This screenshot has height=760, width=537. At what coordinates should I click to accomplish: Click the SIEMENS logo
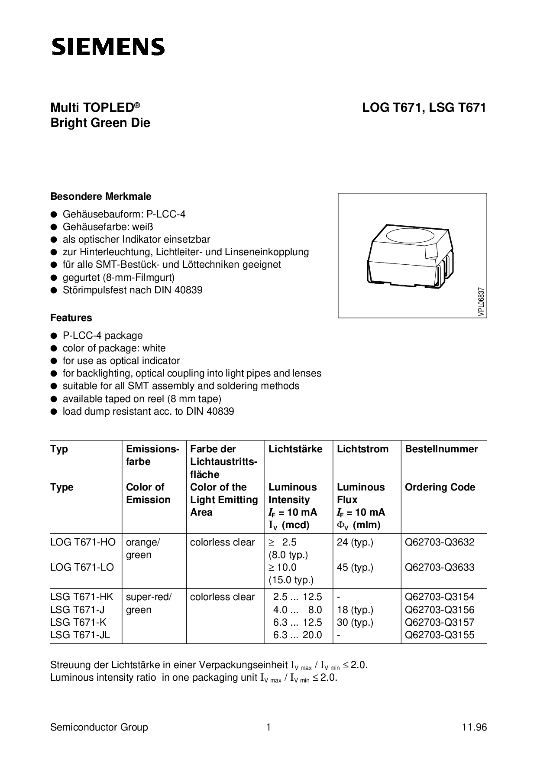point(108,47)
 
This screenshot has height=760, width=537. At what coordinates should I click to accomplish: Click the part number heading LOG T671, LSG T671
point(424,108)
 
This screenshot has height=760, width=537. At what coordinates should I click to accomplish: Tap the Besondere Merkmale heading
point(101,197)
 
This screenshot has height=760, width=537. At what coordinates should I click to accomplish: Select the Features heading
point(71,318)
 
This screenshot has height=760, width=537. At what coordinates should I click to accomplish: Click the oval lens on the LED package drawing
point(410,237)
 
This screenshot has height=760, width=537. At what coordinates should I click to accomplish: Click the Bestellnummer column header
point(441,449)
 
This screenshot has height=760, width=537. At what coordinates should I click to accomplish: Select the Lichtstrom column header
point(362,449)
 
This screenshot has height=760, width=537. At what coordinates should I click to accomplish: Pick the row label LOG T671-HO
point(83,542)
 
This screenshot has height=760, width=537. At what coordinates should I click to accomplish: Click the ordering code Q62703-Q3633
point(440,568)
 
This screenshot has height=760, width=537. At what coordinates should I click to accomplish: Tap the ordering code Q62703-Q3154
point(440,597)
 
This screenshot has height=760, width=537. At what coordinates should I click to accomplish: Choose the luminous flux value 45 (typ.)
point(355,568)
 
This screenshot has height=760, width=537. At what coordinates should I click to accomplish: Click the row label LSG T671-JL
point(80,635)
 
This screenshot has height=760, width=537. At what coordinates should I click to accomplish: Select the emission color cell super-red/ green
point(149,603)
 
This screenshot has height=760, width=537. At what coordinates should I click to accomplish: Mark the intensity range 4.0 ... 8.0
point(298,610)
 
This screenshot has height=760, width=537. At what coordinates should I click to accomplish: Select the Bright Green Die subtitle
point(100,123)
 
